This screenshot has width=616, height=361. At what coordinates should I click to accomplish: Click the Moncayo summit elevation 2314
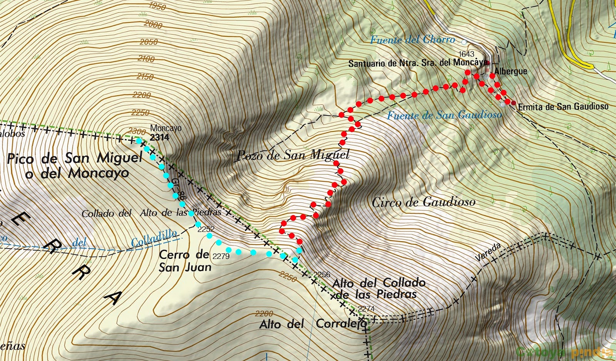click(159, 137)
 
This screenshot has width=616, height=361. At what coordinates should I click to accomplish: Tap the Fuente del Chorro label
click(412, 40)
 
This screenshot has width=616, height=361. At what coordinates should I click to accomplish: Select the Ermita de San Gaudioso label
click(563, 107)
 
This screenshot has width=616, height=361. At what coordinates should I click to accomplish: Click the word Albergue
click(511, 71)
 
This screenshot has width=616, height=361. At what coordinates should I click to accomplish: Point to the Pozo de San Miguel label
click(293, 155)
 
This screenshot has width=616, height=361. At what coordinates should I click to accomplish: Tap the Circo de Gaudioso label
click(423, 202)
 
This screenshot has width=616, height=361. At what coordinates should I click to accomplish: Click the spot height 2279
click(221, 256)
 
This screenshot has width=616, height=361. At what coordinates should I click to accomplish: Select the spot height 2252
click(206, 229)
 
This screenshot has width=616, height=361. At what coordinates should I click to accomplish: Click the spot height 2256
click(322, 274)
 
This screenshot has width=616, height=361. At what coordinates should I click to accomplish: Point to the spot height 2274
click(366, 308)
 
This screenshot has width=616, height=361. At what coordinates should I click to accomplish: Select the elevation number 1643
click(466, 54)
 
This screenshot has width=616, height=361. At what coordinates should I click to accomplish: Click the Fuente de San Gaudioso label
click(444, 115)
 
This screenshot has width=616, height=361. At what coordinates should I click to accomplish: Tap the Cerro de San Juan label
click(185, 261)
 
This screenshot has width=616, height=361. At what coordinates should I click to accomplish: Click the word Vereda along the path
click(488, 252)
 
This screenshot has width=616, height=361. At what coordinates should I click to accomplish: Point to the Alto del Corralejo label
click(313, 324)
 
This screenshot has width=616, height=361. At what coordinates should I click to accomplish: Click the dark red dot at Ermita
click(514, 103)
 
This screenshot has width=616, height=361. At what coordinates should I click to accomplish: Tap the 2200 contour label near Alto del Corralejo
click(264, 314)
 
